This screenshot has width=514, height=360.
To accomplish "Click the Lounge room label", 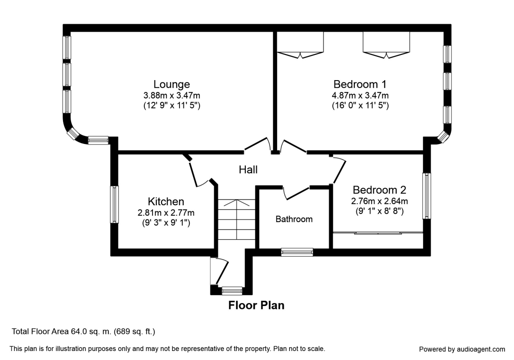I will tap(172, 84).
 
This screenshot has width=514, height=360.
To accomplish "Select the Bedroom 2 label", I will tap(379, 189).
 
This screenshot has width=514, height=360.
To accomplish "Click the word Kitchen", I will tap(166, 201).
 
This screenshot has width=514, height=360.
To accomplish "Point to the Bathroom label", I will tap(294, 219).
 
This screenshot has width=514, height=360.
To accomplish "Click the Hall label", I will tap(248, 170).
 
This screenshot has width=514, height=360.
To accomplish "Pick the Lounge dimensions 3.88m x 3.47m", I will tap(172, 95).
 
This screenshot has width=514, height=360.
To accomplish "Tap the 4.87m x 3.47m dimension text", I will tap(360, 95).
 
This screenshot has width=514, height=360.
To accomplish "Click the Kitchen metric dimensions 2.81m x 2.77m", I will tap(166, 213).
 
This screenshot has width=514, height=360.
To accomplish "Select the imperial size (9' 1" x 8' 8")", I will tap(380, 211).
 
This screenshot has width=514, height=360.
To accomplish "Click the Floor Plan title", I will tap(256, 306).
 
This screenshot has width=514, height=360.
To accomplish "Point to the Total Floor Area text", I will tap(84, 331).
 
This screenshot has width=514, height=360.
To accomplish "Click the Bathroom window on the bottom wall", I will tap(297, 252).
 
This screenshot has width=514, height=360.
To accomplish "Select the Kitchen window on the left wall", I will tap(114, 204).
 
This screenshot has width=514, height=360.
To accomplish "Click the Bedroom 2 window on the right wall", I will tap(427, 195).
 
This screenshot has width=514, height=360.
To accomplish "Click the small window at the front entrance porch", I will tap(232, 291).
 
